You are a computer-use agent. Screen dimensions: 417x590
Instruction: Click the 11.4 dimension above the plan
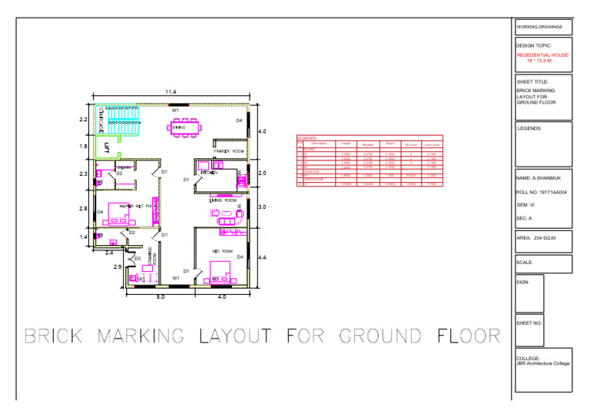coord(171,92)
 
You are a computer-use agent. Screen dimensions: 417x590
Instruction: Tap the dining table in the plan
coord(185,126)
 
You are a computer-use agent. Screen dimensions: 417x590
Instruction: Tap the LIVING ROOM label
coord(221,200)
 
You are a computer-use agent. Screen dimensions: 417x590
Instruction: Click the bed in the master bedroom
coord(123,212)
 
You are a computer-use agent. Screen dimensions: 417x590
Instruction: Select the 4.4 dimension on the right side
coord(261,257)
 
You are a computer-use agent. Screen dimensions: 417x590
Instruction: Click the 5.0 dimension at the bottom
coord(160,296)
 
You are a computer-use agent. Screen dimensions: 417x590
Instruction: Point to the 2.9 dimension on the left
coord(117,266)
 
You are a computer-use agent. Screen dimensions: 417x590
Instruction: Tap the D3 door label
coord(137,259)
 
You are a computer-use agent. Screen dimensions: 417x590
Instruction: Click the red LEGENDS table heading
coord(307,138)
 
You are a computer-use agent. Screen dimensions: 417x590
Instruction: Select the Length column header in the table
coord(346,144)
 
